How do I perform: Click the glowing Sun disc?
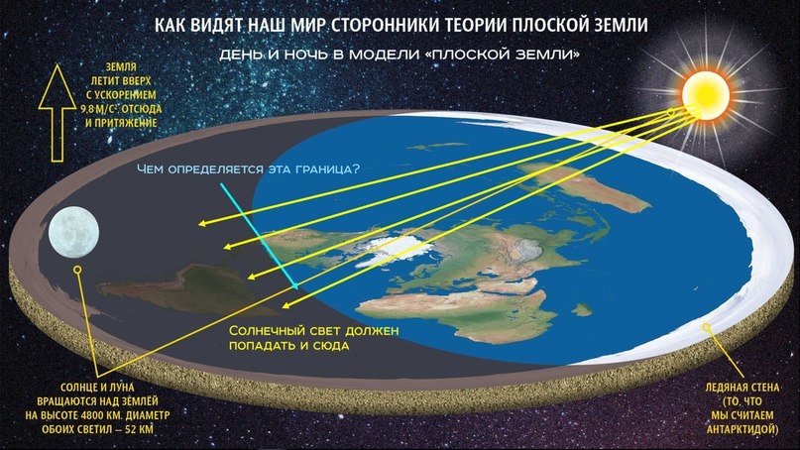coord(706,95)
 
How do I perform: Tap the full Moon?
coord(73,232)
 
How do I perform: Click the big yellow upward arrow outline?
coord(57,113)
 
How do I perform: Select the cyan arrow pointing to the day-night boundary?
coord(259,236)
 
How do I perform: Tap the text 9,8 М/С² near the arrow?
coord(99,109)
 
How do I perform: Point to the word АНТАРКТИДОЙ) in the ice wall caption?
coord(743,429)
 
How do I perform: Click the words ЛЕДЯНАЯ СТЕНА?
coord(743,388)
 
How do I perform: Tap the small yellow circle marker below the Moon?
coord(77,270)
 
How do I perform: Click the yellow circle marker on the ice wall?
coord(707,327)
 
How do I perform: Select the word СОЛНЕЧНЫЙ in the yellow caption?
coord(268,331)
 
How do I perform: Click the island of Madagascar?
coord(582,309)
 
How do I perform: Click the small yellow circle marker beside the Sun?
coord(671,112)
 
